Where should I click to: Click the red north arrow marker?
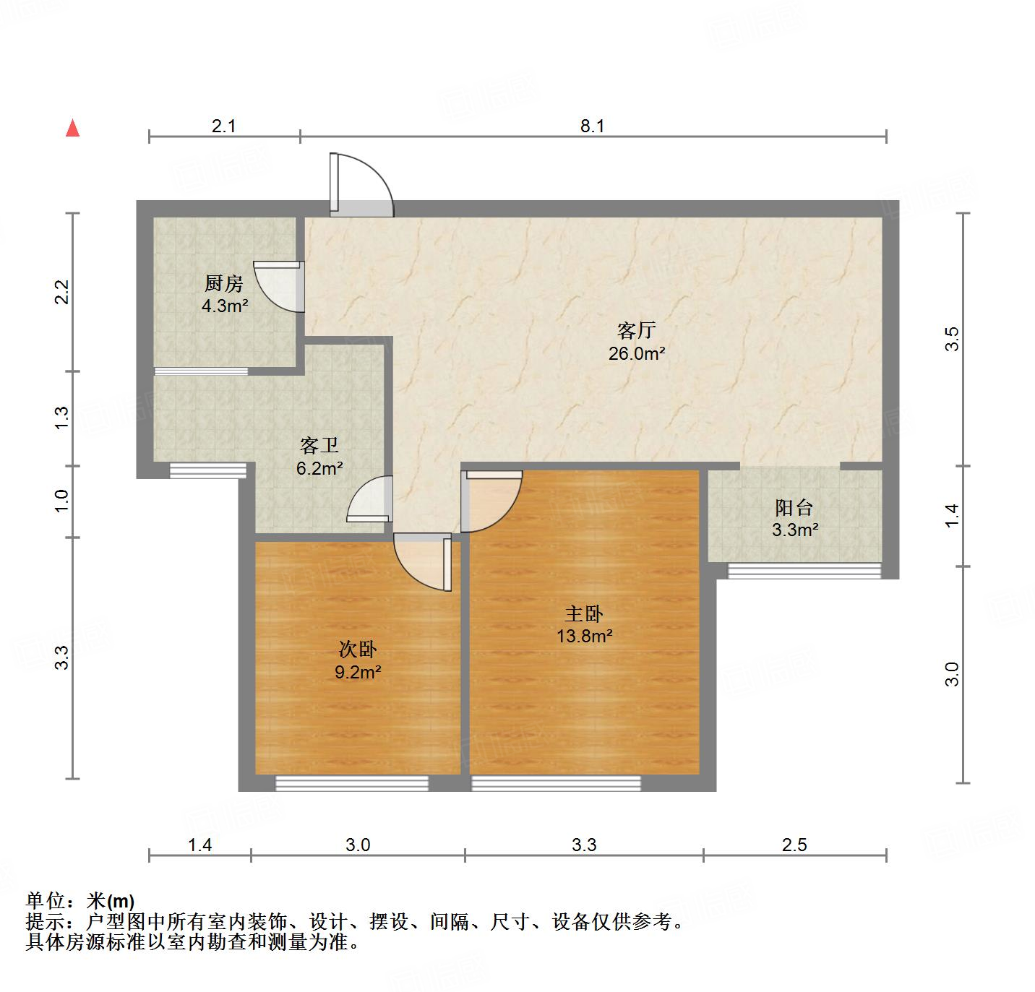click(x=72, y=129)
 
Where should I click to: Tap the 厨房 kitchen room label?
click(x=224, y=283)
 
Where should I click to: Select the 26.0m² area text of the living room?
click(x=637, y=354)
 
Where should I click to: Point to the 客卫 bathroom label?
click(x=319, y=445)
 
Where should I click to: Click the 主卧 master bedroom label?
click(x=584, y=613)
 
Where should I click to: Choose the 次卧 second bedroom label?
click(x=358, y=650)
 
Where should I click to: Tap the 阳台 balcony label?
click(x=794, y=507)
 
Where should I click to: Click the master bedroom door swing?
click(x=492, y=499)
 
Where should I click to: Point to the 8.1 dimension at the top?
click(x=592, y=126)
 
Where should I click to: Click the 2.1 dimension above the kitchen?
click(x=224, y=126)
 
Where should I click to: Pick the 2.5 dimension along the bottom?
click(x=794, y=844)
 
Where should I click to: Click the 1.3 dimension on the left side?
click(x=62, y=418)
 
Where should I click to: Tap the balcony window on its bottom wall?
click(x=804, y=571)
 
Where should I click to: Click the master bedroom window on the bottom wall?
click(x=556, y=783)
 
